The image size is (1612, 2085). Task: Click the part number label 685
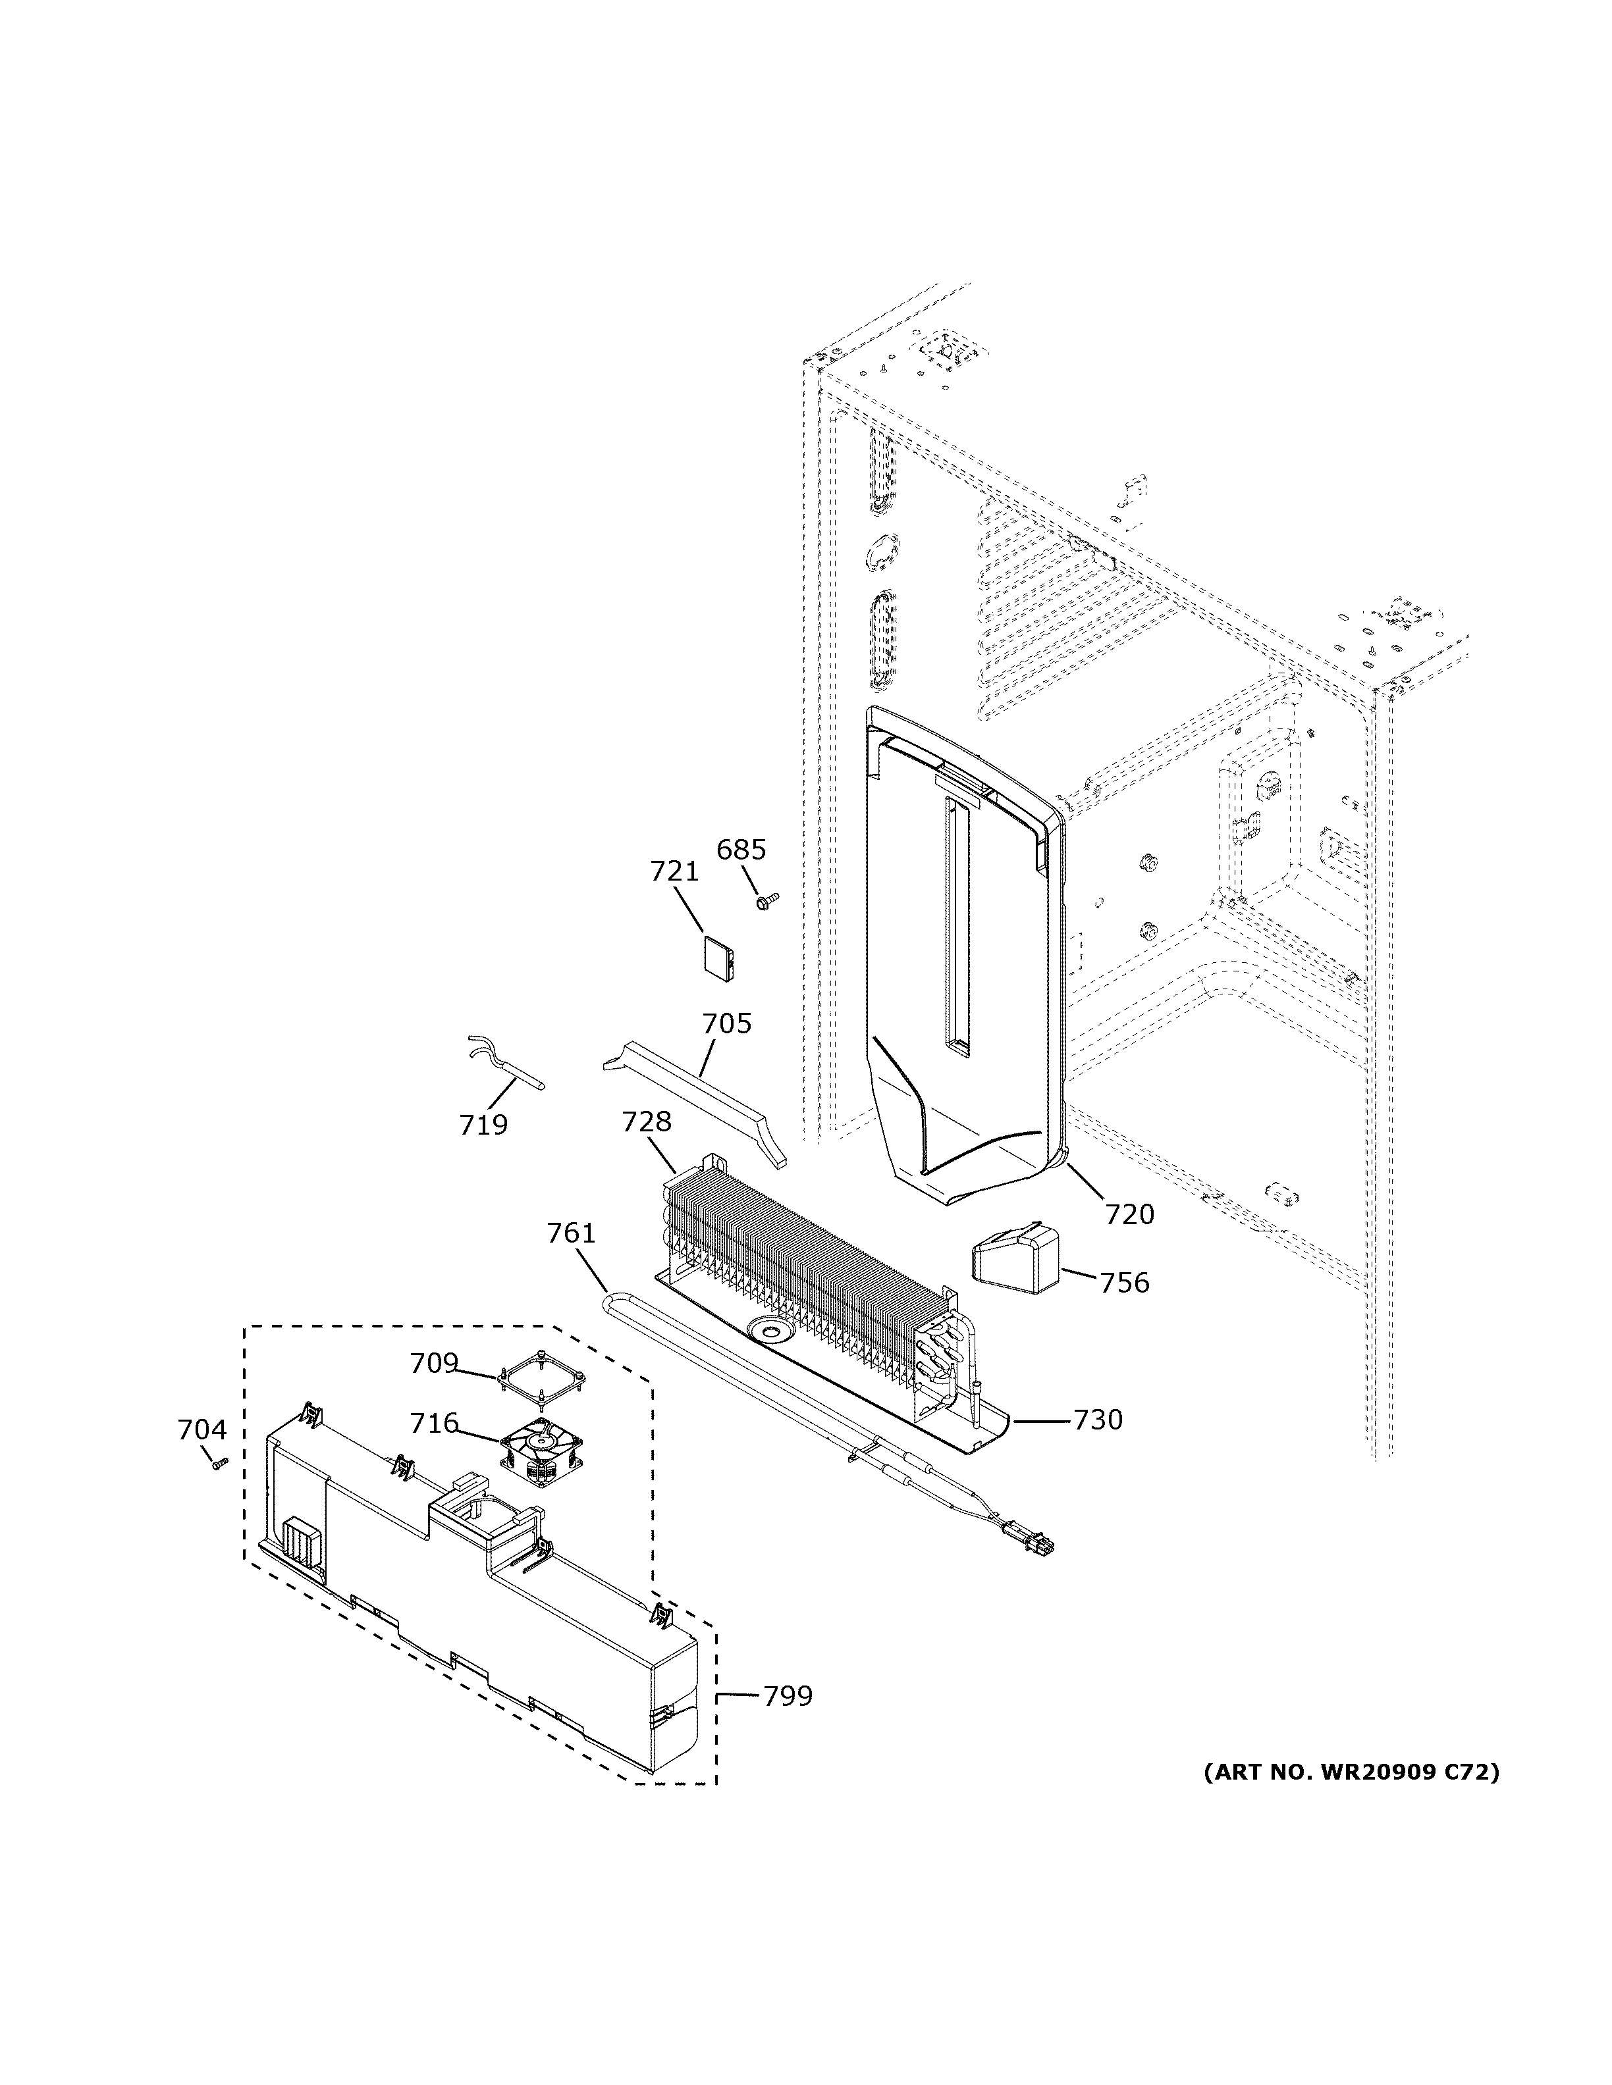click(x=741, y=849)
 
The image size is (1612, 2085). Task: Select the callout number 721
click(x=674, y=871)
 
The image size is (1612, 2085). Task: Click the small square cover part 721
click(x=717, y=956)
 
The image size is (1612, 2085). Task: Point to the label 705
click(x=727, y=1023)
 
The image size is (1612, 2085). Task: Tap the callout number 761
click(x=571, y=1233)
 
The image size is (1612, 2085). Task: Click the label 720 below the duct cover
click(x=1130, y=1214)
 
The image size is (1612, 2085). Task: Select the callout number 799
click(x=787, y=1697)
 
